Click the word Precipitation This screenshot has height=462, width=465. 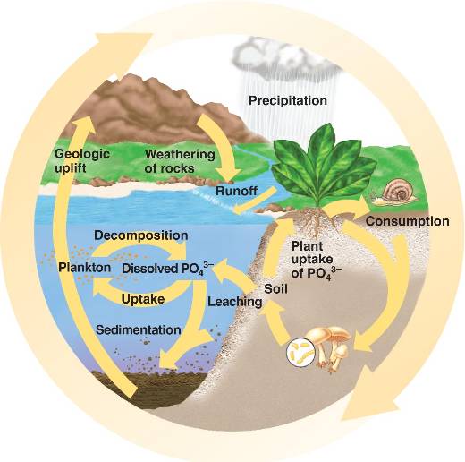(x=288, y=101)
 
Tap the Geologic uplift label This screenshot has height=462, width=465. (x=82, y=161)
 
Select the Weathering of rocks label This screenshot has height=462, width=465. (x=180, y=161)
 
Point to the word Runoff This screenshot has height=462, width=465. (x=236, y=191)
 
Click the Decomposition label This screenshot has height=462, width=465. (x=141, y=235)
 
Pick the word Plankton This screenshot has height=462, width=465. (x=84, y=268)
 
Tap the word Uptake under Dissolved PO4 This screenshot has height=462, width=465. (x=143, y=299)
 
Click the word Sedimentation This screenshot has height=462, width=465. (x=139, y=330)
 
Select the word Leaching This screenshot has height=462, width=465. (x=235, y=302)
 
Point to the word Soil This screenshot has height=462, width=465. (x=275, y=289)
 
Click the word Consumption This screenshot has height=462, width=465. (x=408, y=221)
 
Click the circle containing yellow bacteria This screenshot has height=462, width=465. (x=300, y=352)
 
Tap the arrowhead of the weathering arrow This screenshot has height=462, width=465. (x=228, y=175)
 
